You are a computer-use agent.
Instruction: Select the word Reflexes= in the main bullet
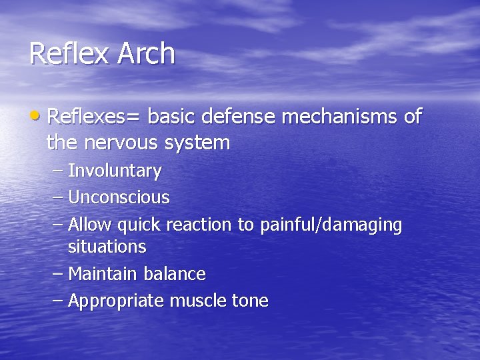[94, 117]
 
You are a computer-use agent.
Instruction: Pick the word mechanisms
[340, 117]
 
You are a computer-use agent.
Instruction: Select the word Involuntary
[115, 171]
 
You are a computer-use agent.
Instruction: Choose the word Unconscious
[119, 197]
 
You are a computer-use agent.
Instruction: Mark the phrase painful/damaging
[331, 225]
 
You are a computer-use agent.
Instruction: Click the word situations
[107, 247]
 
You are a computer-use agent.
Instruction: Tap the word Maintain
[102, 273]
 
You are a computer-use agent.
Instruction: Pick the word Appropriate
[116, 301]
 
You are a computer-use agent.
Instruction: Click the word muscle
[198, 301]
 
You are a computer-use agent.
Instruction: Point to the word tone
[250, 301]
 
